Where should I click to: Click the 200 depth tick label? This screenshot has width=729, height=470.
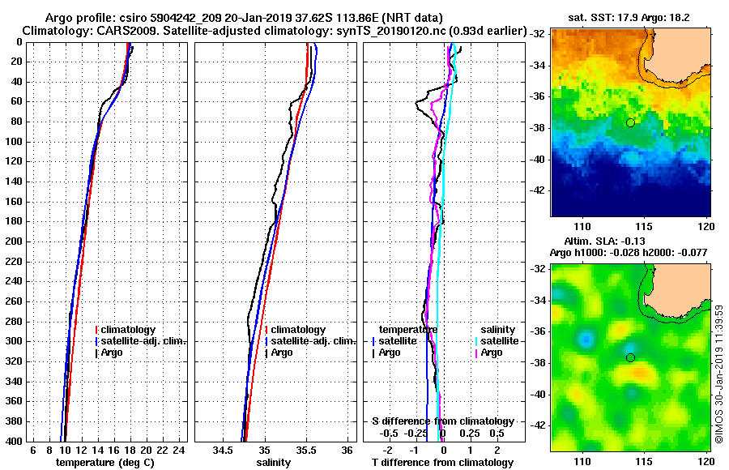coord(15,241)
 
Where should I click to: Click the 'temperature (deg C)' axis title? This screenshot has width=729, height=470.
coord(104,462)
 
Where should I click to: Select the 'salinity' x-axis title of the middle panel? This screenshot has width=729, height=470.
coord(274,462)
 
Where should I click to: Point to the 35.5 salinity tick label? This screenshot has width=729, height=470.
coord(305,450)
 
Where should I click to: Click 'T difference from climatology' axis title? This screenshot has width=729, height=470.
coord(442,462)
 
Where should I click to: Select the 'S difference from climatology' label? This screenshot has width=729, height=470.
coord(442,421)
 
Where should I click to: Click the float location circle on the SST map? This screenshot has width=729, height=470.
coord(630,122)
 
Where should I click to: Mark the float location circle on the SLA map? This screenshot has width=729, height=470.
coord(630,357)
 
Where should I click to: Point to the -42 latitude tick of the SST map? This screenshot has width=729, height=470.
coord(536,190)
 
